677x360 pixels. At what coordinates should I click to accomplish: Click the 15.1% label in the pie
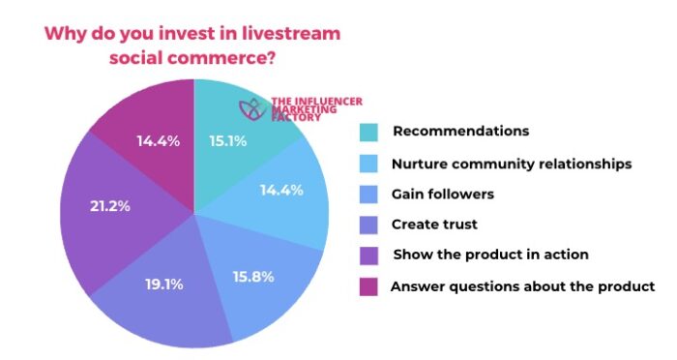pos(228,141)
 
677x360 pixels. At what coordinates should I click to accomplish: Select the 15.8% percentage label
pos(253,277)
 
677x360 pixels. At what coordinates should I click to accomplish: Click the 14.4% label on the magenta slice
pos(159,141)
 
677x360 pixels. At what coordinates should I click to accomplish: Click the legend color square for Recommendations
pos(368,132)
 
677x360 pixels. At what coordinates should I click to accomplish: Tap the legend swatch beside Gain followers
pos(368,195)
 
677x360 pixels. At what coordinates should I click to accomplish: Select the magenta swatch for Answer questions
pos(368,286)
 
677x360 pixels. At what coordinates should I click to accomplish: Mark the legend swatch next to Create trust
pos(368,225)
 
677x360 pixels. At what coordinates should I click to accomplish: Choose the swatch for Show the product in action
pos(368,256)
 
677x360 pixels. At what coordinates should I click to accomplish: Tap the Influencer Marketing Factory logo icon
pos(253,108)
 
